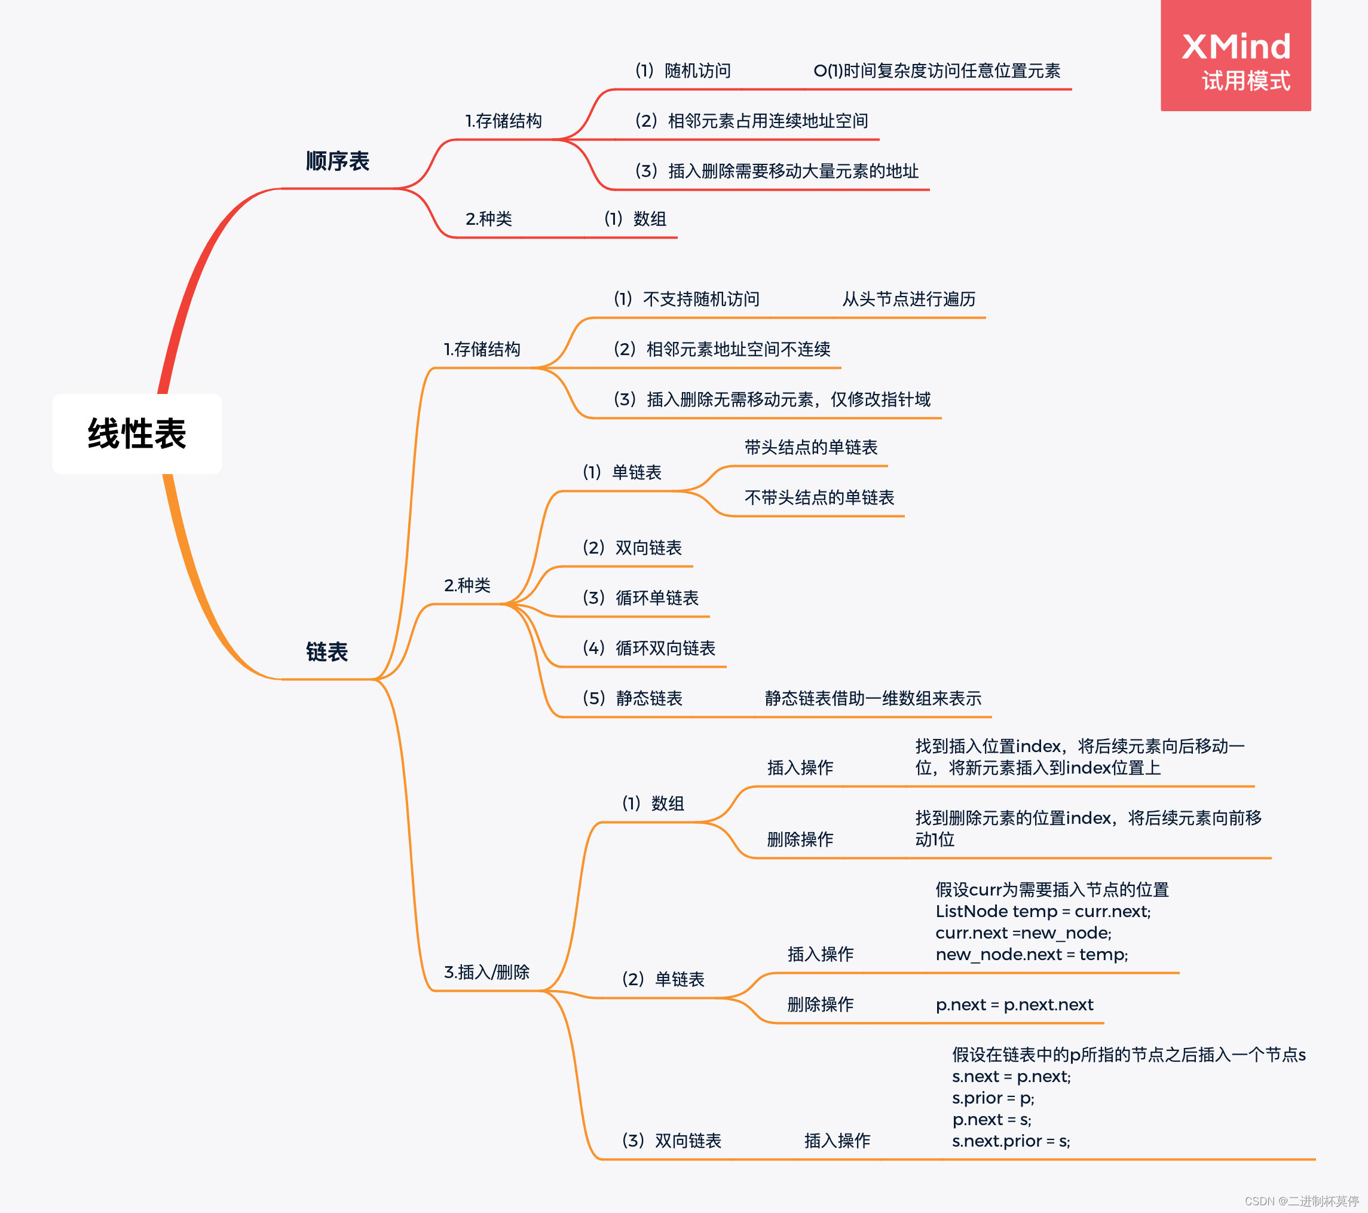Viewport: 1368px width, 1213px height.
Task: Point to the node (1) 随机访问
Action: (683, 71)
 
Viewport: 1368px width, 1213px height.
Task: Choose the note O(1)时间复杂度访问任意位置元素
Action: (937, 71)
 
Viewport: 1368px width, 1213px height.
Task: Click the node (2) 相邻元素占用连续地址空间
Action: (751, 121)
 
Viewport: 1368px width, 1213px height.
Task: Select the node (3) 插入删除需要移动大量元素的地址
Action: (776, 172)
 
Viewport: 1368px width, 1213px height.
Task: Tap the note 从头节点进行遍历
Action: (909, 300)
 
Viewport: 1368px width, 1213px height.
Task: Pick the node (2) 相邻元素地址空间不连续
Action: (721, 350)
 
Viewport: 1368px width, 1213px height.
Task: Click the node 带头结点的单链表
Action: (811, 447)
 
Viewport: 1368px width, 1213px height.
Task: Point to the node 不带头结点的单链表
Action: (819, 497)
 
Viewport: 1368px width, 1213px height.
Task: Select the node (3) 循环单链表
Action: (641, 598)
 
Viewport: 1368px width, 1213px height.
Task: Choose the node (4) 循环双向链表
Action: (648, 648)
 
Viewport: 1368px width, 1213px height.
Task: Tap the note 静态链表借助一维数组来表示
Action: (873, 698)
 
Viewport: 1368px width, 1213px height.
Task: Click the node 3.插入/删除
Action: (486, 972)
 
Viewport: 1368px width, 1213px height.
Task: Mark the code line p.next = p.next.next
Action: (1014, 1005)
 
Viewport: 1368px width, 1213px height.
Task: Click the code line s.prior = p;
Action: (993, 1098)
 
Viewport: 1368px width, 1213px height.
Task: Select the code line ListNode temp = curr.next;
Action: (1043, 911)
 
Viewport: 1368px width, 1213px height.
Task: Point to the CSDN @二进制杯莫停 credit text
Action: (1301, 1201)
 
